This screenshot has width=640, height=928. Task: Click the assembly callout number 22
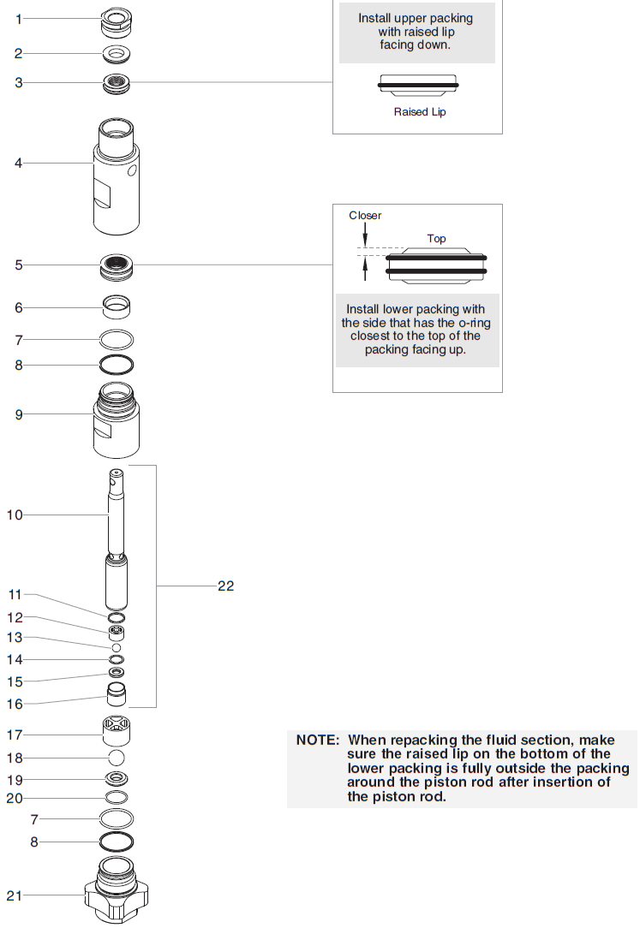225,586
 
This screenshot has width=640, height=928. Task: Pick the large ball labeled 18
117,758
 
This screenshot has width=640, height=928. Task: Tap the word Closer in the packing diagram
365,216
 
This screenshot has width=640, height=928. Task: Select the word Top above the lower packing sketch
436,239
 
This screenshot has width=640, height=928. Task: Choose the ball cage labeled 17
116,733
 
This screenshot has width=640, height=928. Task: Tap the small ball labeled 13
117,647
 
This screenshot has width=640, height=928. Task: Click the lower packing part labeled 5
117,265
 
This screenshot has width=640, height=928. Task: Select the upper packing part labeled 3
116,84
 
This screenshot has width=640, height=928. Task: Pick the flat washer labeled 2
117,55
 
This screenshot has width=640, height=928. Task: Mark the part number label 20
15,799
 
